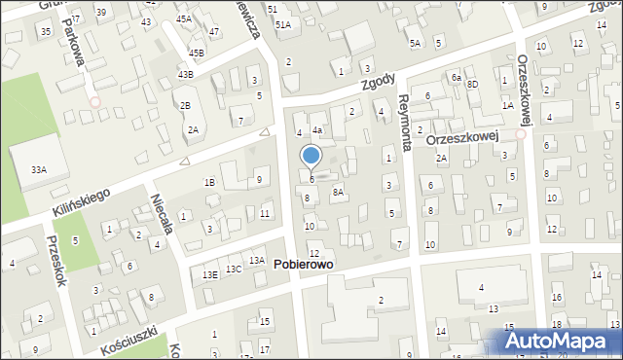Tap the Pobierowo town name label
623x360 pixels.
tap(309, 265)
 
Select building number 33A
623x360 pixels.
tap(38, 169)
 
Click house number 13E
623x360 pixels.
tap(209, 274)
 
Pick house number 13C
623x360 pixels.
tap(234, 269)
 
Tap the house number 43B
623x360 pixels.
tap(185, 74)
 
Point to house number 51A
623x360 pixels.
tap(282, 24)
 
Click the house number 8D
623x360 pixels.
tap(472, 85)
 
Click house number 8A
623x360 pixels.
tap(338, 193)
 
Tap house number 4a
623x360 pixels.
tap(317, 130)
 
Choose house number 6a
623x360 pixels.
tap(455, 77)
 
